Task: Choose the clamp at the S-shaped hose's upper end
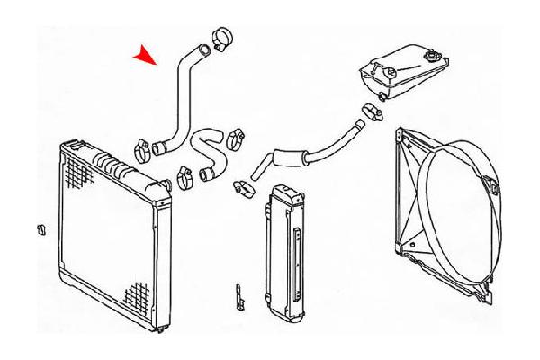point(235,139)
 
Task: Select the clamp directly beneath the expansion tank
point(369,112)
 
